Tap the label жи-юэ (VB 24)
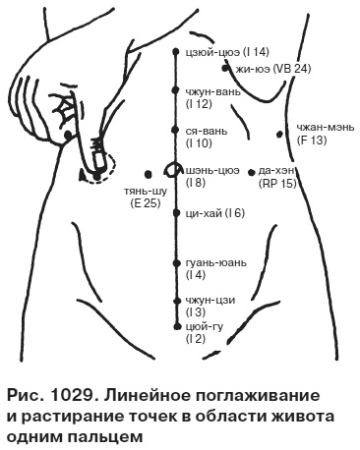273,69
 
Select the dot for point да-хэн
252,169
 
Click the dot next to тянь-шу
148,170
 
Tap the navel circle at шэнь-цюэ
173,169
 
